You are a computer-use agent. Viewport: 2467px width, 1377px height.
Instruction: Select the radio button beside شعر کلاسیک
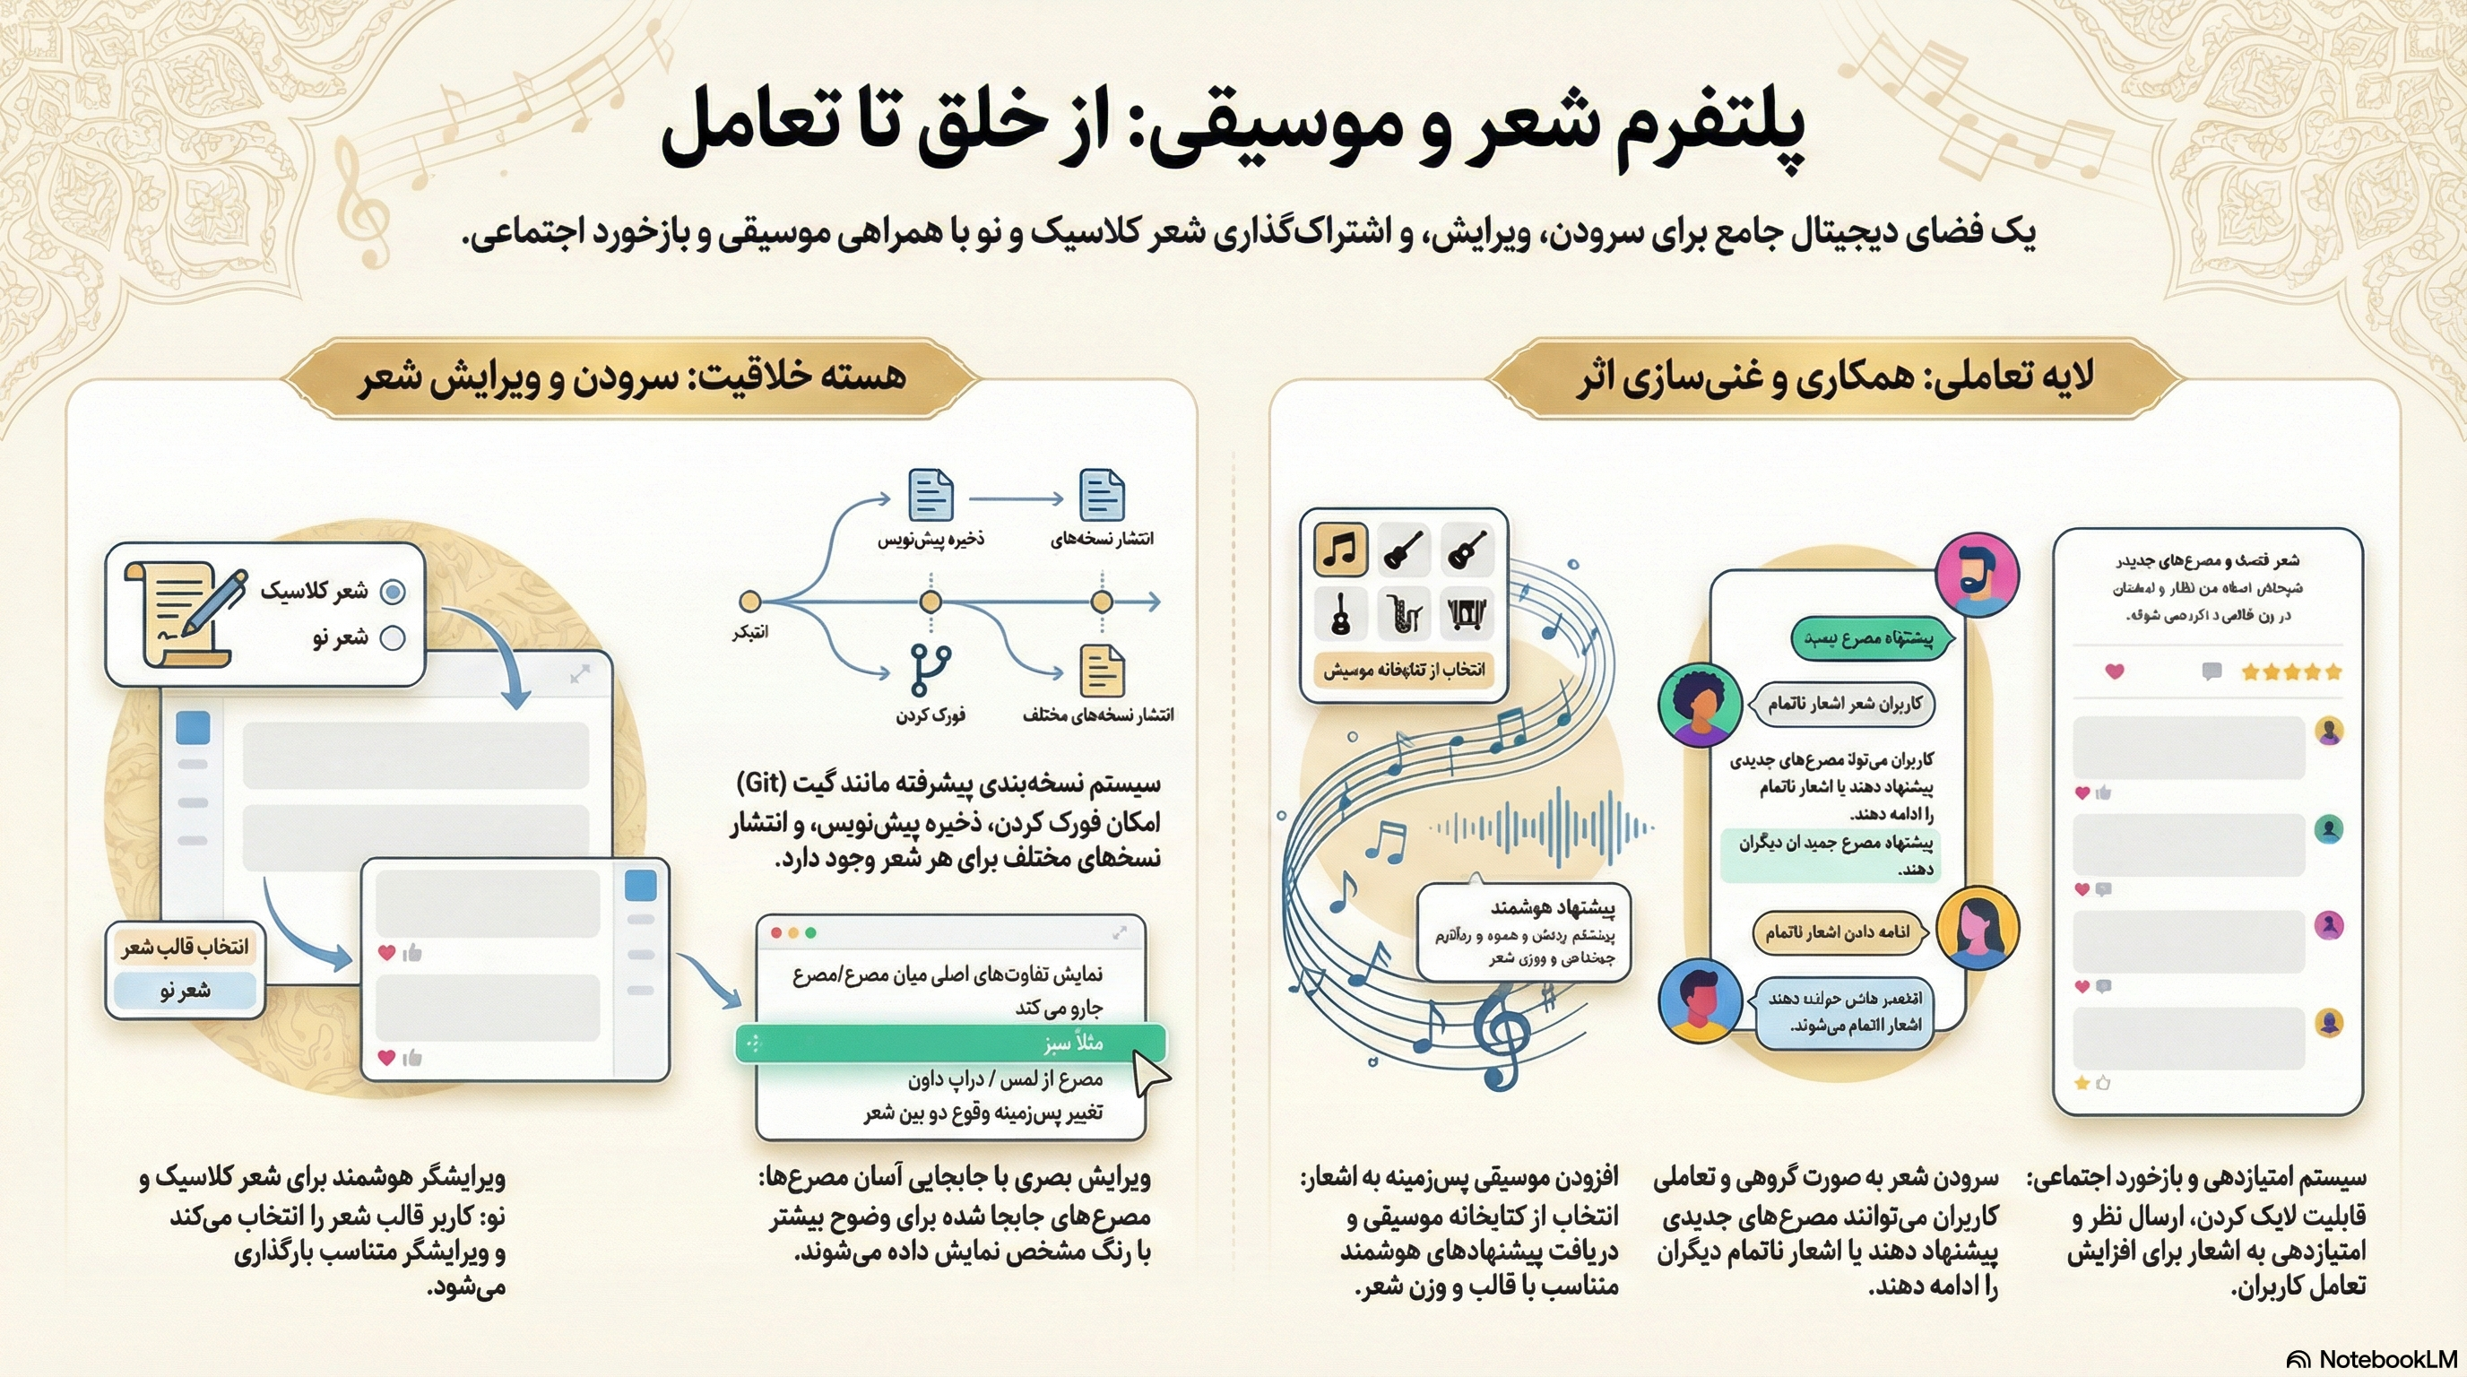tap(393, 591)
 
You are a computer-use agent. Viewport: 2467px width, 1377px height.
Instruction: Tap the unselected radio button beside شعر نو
tap(393, 637)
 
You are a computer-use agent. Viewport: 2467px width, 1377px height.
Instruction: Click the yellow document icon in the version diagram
tap(1102, 671)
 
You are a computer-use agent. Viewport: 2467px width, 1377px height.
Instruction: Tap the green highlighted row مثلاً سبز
tap(950, 1043)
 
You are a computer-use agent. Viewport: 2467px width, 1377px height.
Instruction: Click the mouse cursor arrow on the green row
tap(1150, 1072)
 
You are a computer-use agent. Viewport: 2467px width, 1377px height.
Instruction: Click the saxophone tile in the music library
tap(1404, 613)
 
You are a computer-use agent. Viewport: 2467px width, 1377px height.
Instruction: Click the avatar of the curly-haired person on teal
tap(1700, 705)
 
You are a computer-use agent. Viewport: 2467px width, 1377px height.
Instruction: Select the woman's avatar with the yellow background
tap(1978, 929)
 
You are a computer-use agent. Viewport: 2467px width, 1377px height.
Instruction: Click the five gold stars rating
tap(2290, 672)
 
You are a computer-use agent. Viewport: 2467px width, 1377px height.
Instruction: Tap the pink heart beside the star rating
tap(2115, 671)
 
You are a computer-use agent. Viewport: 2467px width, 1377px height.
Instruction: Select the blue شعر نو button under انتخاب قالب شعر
tap(185, 990)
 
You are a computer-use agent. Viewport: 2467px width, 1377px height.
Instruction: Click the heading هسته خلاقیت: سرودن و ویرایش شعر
tap(632, 377)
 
